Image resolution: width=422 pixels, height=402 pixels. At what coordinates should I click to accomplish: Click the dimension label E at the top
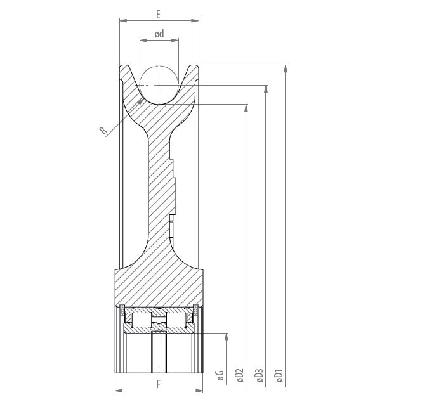click(x=158, y=14)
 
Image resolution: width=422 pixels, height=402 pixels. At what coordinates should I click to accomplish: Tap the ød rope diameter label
click(x=159, y=34)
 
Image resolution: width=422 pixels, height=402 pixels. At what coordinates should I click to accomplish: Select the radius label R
click(x=103, y=131)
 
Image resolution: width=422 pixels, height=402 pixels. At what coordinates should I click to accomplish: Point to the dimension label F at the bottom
click(x=159, y=384)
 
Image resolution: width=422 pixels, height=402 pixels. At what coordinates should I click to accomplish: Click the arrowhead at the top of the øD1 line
click(x=286, y=69)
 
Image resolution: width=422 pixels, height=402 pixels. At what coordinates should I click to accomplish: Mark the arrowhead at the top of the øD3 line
click(x=266, y=89)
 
